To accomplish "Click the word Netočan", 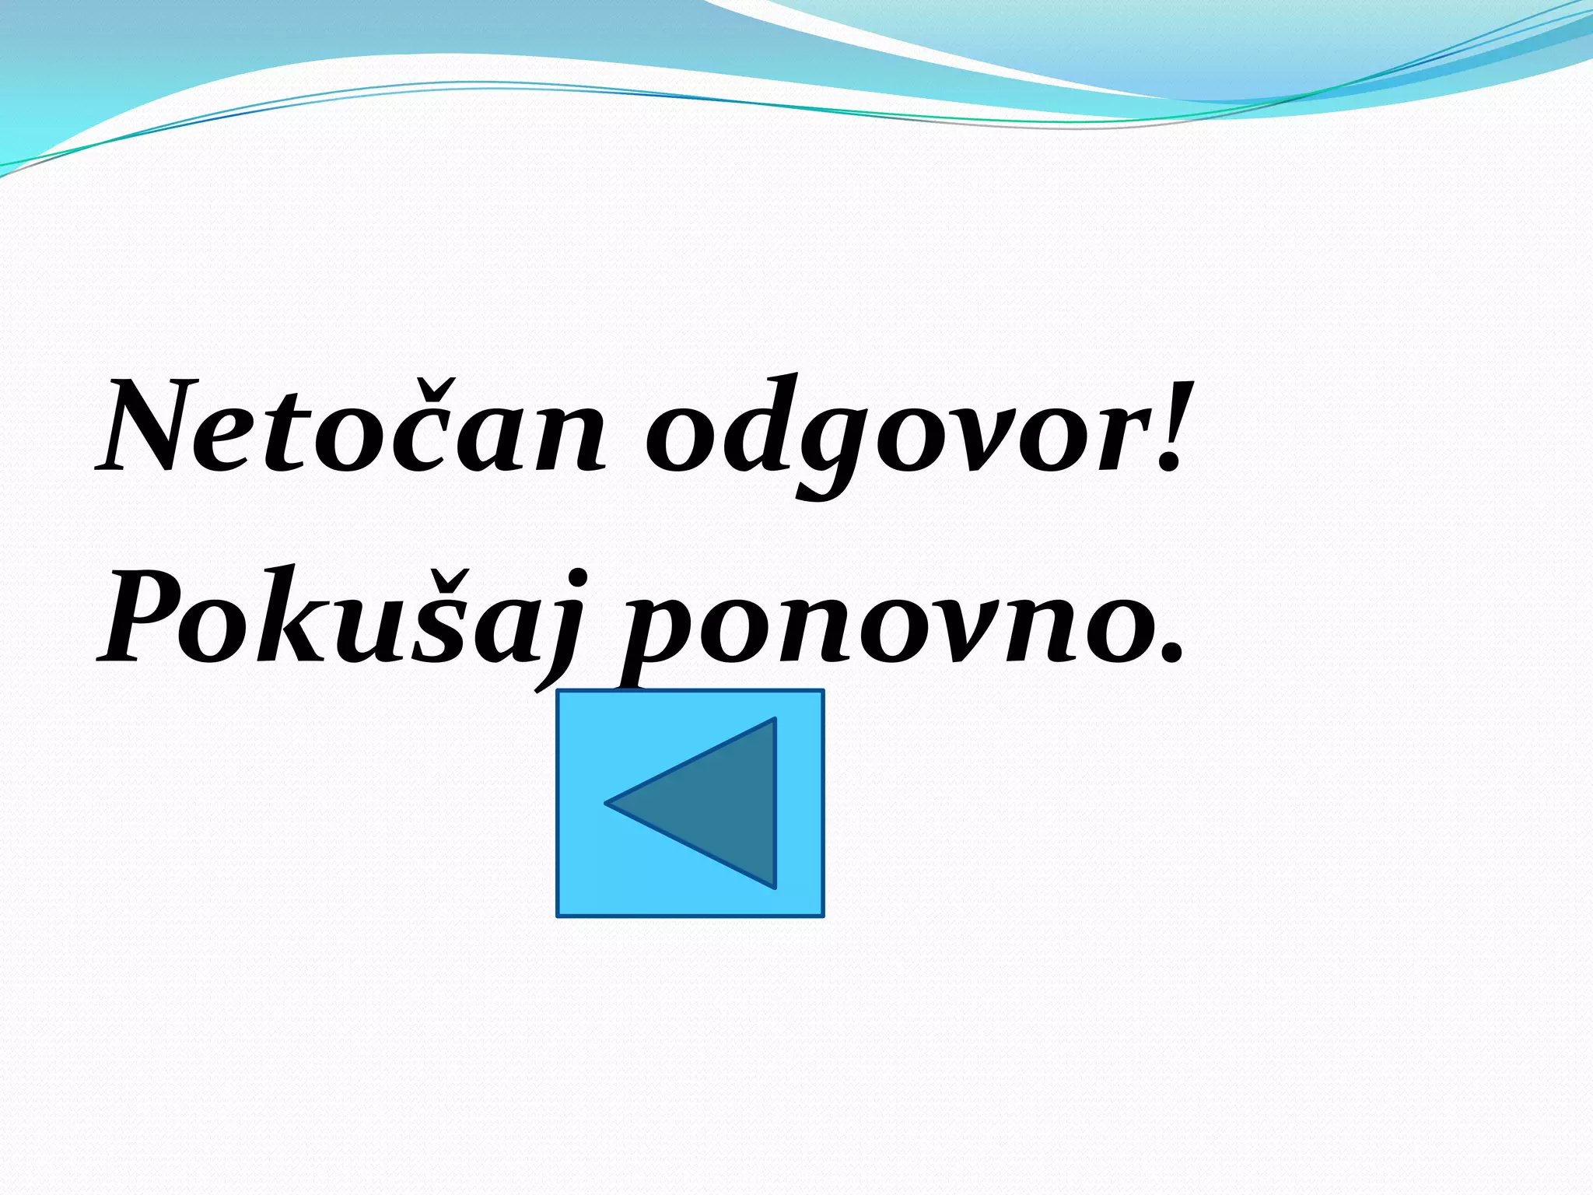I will point(350,428).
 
